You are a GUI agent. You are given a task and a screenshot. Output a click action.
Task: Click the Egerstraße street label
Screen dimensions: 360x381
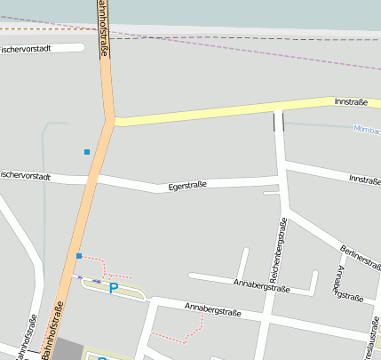pyautogui.click(x=187, y=186)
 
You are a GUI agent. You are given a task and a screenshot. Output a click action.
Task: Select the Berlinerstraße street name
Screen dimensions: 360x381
pyautogui.click(x=360, y=259)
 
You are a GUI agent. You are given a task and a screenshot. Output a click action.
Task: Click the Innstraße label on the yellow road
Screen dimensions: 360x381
pyautogui.click(x=351, y=102)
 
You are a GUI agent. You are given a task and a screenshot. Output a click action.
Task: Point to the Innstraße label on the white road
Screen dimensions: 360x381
pyautogui.click(x=365, y=180)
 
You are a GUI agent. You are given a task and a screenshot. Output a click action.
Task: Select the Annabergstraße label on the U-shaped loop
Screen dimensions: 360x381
pyautogui.click(x=261, y=287)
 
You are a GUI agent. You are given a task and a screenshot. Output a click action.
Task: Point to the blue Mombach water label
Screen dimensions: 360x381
pyautogui.click(x=367, y=130)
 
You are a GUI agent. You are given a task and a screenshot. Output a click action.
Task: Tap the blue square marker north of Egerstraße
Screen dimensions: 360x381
pyautogui.click(x=87, y=152)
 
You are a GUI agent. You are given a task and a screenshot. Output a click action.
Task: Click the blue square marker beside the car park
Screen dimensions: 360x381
pyautogui.click(x=79, y=256)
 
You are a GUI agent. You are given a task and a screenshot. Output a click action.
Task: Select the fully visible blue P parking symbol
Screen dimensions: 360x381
pyautogui.click(x=113, y=288)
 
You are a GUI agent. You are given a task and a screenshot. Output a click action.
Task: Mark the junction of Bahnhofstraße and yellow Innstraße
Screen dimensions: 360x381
pyautogui.click(x=110, y=119)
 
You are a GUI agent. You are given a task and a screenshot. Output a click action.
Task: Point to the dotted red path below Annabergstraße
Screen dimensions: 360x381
pyautogui.click(x=172, y=337)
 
